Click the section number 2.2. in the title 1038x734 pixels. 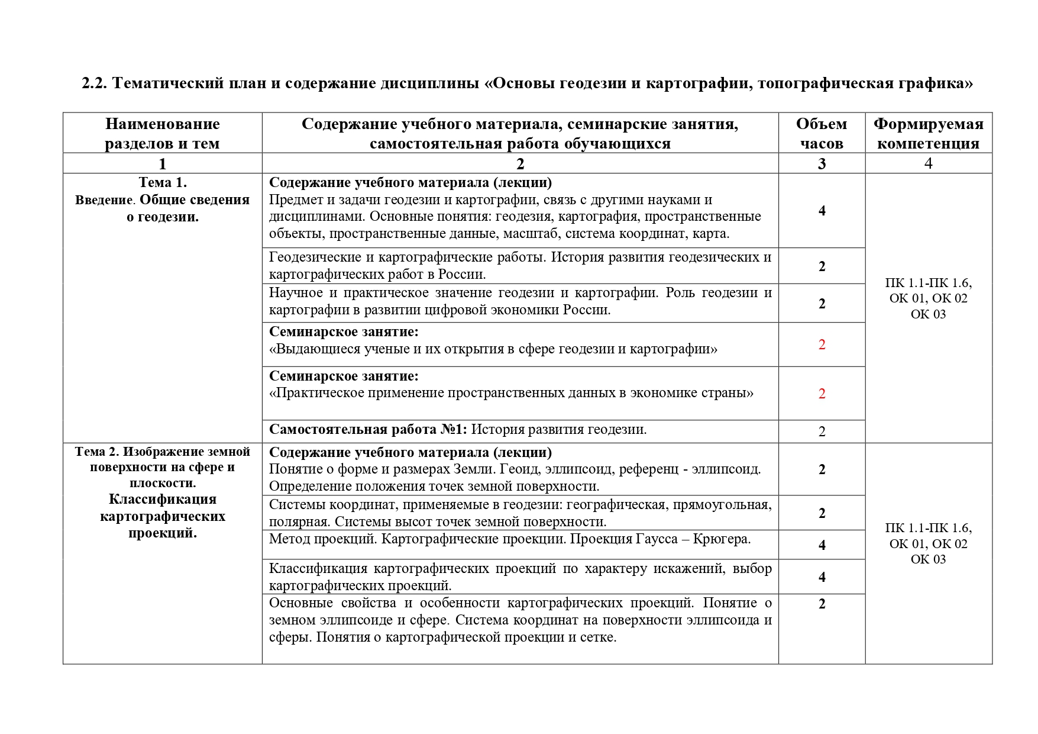tap(95, 83)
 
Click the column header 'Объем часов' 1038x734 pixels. tap(822, 133)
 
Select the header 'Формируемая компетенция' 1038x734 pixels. tap(928, 133)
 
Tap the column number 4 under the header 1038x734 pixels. tap(928, 163)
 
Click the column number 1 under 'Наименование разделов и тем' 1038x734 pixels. tap(163, 164)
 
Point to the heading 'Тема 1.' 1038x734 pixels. tap(163, 182)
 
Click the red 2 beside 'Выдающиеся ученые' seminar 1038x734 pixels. tap(822, 345)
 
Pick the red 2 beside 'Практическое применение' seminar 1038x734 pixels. tap(822, 394)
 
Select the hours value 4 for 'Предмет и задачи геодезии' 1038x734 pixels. tap(822, 211)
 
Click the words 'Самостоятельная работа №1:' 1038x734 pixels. tap(368, 430)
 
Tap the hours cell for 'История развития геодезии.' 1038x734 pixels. tap(822, 432)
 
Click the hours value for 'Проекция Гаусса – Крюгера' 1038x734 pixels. tap(822, 545)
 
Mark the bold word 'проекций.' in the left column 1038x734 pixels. tap(163, 533)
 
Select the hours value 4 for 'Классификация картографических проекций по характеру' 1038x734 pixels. tap(822, 577)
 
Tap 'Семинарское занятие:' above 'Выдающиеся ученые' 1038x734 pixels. tap(344, 331)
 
